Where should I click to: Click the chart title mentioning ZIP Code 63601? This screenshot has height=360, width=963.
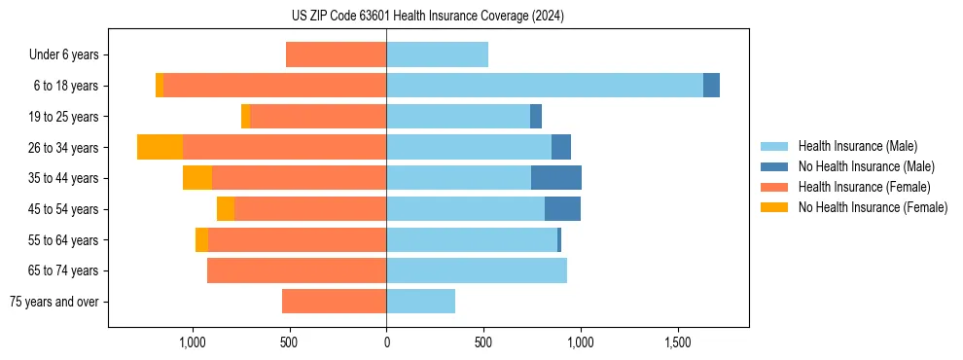tap(427, 17)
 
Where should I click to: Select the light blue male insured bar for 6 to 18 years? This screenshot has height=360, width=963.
tap(545, 86)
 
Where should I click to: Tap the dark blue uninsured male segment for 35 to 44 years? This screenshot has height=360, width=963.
tap(556, 178)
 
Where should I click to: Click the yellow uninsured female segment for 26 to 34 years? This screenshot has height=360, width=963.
tap(160, 147)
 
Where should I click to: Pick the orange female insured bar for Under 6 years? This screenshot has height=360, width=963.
tap(336, 54)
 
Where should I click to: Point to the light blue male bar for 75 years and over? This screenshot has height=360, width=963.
tap(420, 302)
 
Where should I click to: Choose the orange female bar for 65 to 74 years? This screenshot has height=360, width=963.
tap(297, 270)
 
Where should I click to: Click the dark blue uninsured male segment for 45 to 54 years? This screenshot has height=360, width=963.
tap(562, 209)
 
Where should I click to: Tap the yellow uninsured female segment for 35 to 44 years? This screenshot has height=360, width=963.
tap(197, 178)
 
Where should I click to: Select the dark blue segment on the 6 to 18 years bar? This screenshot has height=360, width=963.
tap(711, 86)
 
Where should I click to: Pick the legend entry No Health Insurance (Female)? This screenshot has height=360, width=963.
tap(873, 207)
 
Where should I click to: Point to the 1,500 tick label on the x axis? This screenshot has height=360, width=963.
tap(677, 342)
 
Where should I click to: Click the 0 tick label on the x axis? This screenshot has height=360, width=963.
tap(386, 342)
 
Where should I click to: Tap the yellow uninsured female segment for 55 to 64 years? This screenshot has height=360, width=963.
tap(201, 240)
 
